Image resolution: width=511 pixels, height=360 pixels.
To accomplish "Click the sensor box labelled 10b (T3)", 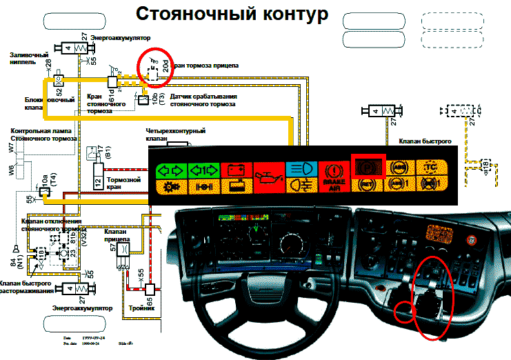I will tap(143, 100).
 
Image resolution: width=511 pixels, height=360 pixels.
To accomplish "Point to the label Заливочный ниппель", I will tap(29, 58).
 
